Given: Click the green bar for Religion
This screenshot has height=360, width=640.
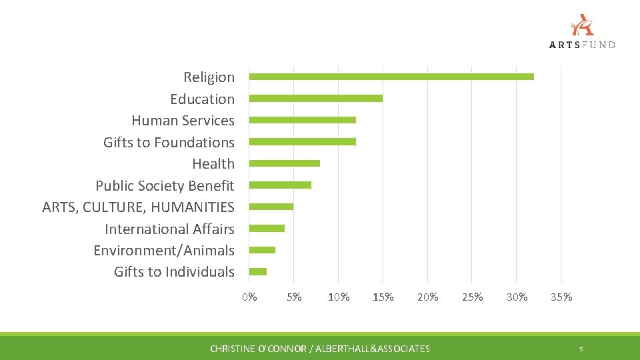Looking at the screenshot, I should coord(391,77).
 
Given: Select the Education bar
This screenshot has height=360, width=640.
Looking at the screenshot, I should coord(316,99).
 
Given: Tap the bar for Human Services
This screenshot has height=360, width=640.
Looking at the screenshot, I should coord(303,120).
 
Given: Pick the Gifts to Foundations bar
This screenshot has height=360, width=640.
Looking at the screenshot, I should coord(303,142).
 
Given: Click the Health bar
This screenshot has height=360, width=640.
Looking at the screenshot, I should coord(285,163).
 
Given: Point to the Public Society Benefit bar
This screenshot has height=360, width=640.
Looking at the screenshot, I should coord(280,185).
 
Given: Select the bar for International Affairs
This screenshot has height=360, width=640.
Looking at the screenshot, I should coord(267,229).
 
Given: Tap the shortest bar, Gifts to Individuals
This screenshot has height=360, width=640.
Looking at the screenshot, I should coord(258,271).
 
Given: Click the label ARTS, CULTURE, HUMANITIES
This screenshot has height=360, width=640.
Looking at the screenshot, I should coord(138,207).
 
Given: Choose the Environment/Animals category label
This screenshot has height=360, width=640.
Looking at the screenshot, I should coord(164,251).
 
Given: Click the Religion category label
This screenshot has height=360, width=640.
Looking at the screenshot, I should coord(209,77).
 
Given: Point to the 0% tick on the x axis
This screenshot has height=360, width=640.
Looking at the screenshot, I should coord(249,297).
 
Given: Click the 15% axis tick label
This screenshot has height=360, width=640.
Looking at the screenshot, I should coord(383,297).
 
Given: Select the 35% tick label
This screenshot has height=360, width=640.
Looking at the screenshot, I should coord(561,297).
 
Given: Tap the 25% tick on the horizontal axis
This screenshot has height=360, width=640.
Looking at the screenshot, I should coord(472,297).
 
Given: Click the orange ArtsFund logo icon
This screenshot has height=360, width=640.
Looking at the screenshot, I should coord(582,25).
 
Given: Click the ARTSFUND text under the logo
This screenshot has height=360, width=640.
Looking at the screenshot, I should coord(582,45).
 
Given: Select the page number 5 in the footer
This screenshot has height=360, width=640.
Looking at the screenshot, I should coord(581,349).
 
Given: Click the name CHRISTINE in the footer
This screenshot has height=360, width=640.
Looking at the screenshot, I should coord(233,349).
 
